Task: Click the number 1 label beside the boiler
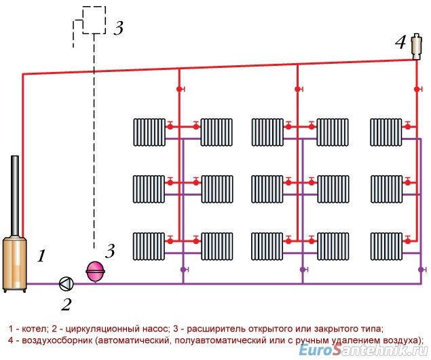41,256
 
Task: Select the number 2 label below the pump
66,304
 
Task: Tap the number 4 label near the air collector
400,43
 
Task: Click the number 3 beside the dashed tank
118,29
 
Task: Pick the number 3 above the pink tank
110,251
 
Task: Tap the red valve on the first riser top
180,89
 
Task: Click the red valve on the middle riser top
298,89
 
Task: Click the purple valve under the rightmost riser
419,270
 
